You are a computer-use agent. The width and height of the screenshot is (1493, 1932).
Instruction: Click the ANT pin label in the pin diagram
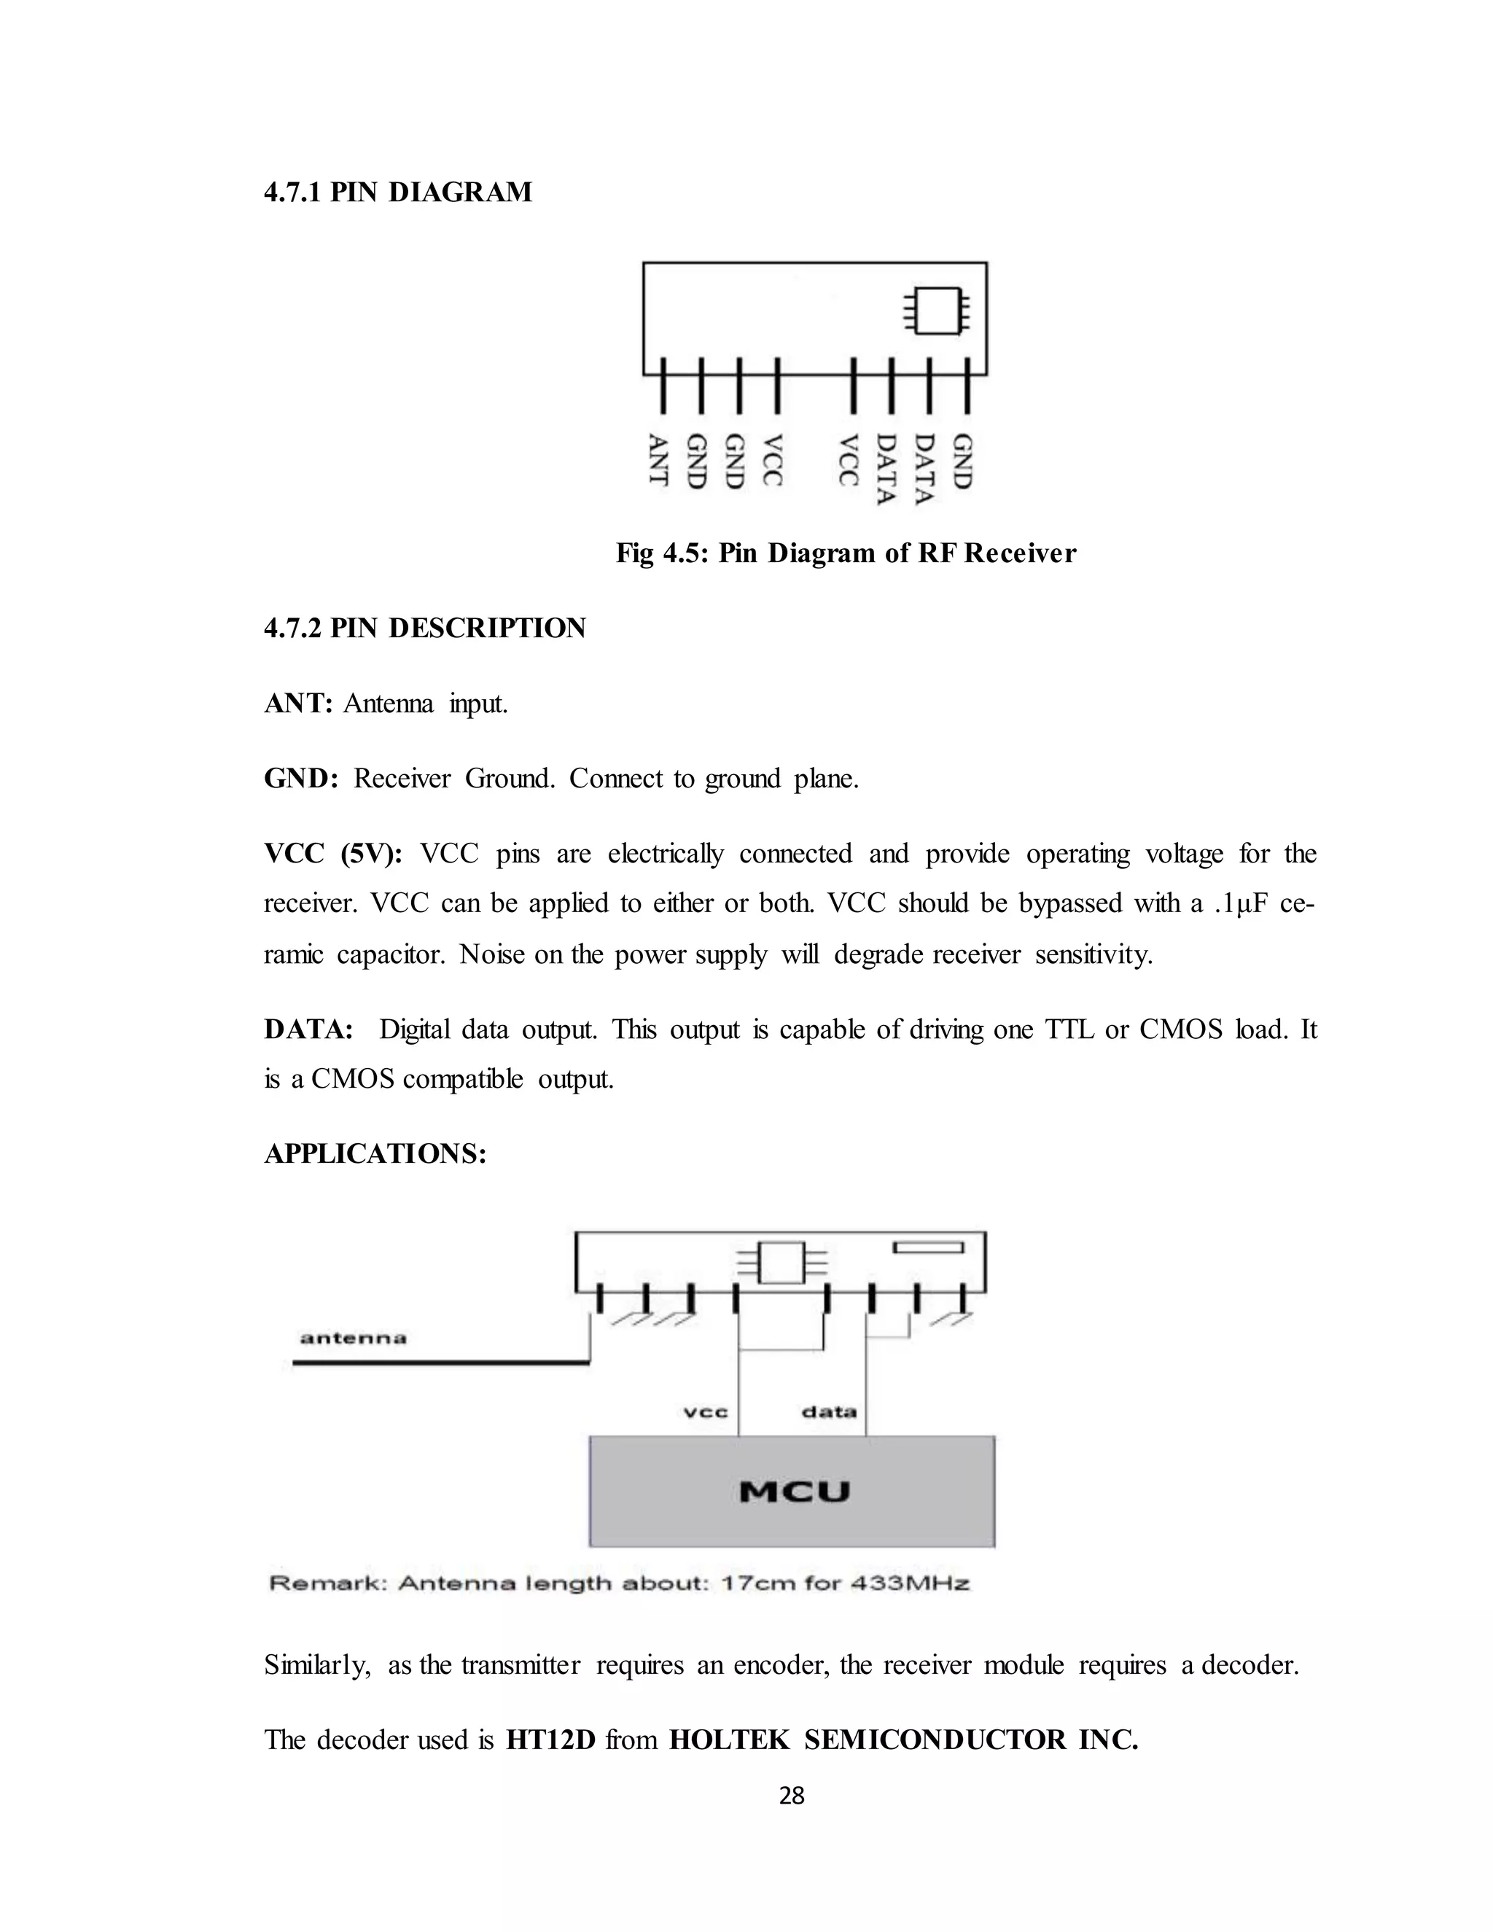(658, 459)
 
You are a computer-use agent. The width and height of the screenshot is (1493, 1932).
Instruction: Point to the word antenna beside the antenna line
(353, 1338)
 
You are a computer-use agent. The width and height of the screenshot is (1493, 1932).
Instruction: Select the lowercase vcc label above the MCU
(706, 1413)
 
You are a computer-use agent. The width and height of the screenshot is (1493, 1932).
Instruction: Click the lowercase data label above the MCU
(829, 1413)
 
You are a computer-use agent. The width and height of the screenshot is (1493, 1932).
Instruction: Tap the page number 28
(792, 1795)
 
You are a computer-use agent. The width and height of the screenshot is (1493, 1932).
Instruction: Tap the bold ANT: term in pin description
(298, 704)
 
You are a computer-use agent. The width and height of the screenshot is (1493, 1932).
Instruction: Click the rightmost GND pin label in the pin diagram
(962, 461)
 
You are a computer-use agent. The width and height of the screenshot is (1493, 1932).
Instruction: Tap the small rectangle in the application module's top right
(928, 1247)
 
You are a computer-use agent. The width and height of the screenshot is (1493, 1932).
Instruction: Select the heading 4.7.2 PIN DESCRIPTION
(424, 628)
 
